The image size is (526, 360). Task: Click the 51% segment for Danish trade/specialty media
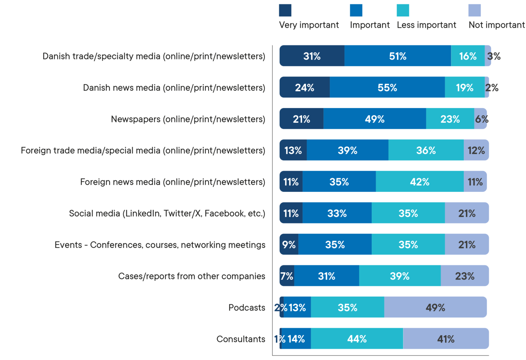point(398,56)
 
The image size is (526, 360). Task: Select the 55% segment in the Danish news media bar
point(387,87)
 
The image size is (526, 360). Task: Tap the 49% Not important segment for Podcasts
point(435,307)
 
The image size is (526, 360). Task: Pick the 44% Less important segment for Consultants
point(357,339)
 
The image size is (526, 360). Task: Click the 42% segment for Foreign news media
point(419,182)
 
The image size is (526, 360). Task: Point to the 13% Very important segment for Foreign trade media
point(293,150)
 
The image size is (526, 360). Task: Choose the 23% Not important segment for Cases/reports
point(464,276)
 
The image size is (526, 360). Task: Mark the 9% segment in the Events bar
point(289,244)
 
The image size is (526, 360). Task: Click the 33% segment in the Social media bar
point(337,213)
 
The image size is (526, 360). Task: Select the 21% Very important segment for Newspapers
point(301,119)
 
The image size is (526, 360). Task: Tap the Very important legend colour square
point(285,10)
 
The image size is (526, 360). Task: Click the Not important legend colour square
point(474,10)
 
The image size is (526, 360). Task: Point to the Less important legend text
point(427,25)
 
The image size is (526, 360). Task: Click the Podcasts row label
point(247,307)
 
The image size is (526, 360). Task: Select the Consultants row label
point(241,339)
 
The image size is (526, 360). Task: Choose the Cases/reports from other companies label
point(192,276)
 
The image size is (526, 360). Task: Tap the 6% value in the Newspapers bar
point(481,119)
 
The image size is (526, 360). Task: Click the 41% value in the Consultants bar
point(445,339)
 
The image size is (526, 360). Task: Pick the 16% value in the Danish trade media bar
point(468,56)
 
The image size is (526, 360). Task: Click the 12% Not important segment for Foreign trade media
point(476,150)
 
